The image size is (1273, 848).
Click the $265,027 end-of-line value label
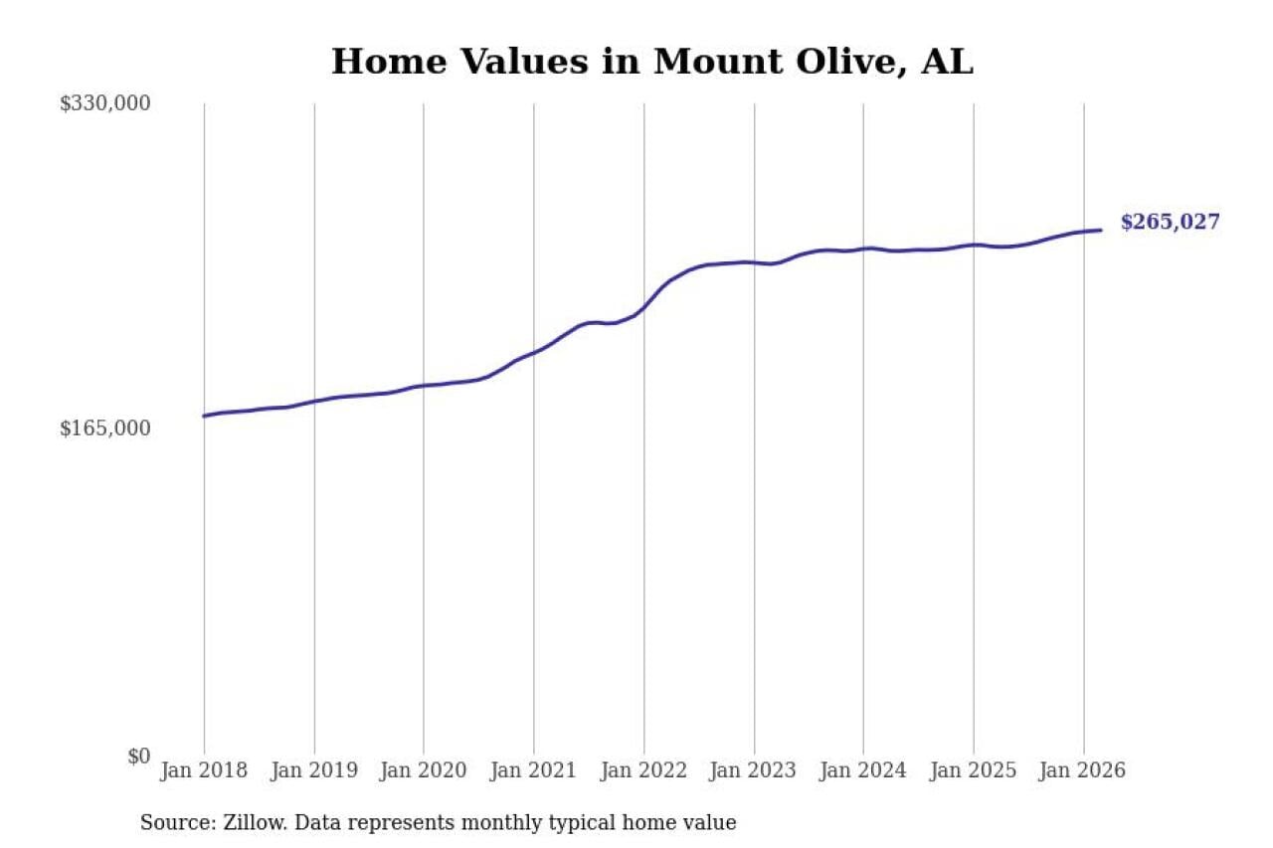pos(1170,223)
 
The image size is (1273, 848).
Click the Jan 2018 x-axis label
pos(204,770)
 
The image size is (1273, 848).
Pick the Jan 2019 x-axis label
pos(314,770)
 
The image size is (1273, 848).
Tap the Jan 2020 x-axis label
pos(424,770)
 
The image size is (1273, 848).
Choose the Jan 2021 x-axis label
pos(534,770)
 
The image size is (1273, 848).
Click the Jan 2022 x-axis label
pos(643,770)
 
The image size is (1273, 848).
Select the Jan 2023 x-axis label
pos(754,770)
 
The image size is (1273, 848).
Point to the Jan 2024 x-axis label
pos(863,770)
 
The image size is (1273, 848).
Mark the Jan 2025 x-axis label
pos(974,770)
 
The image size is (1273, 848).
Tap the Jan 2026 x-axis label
pos(1083,770)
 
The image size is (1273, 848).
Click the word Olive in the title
pos(854,62)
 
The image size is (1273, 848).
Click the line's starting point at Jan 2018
pos(204,416)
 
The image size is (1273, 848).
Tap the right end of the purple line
pos(1101,231)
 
